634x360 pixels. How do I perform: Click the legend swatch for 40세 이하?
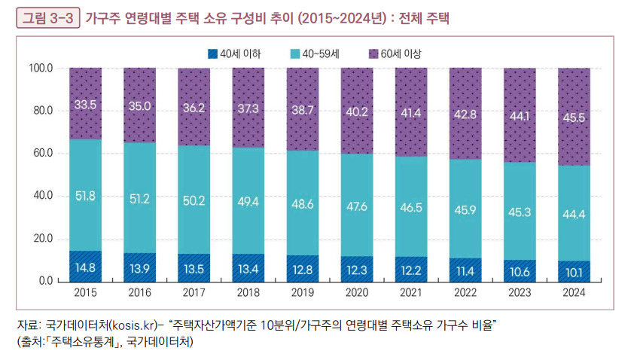[213, 53]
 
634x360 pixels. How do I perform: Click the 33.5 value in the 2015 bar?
[85, 105]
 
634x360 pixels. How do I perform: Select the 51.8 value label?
[85, 196]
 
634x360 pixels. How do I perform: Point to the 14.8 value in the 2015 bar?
[85, 267]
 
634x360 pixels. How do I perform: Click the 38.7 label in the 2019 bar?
[303, 110]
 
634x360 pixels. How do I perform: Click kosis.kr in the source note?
[136, 325]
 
